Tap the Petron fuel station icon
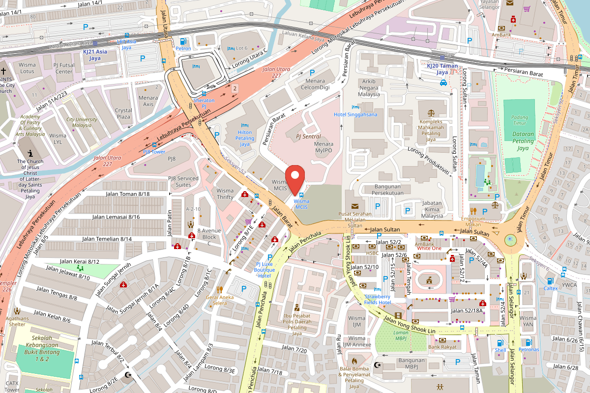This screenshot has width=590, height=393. point(183,41)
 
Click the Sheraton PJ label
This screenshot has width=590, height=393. point(204,103)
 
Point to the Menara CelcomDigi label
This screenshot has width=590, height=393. point(315,84)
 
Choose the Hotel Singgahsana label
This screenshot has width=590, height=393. point(355,114)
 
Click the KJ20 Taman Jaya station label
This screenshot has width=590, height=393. point(442,69)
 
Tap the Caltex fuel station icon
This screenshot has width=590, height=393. point(550,281)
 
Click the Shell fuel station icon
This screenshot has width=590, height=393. point(500,343)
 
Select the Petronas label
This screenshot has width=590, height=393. point(529,349)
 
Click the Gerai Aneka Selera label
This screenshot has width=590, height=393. point(220,300)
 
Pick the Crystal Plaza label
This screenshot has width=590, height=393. point(123,113)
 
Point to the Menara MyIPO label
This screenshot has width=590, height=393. point(317,147)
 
